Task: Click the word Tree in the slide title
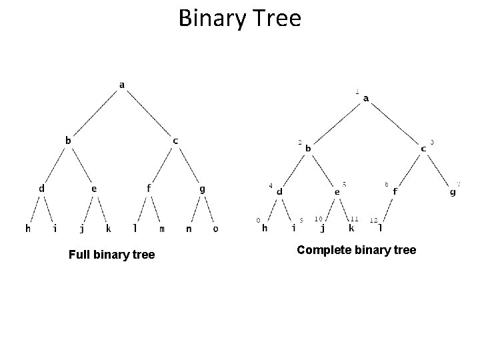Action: coord(277,18)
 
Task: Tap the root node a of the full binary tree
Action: coord(122,85)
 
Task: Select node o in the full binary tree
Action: coord(215,229)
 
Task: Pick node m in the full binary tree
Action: coord(162,229)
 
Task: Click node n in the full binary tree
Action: coord(189,229)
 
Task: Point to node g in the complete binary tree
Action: coord(453,192)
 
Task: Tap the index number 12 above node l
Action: coord(373,219)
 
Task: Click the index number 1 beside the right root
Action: coord(357,91)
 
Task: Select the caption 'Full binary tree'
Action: coord(111,255)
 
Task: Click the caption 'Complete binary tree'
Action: coord(356,250)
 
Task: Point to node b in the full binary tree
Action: coord(67,140)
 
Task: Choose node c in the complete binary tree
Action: coord(424,149)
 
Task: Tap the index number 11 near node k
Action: coord(354,219)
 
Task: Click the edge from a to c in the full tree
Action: coord(149,113)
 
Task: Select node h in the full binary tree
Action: coord(28,229)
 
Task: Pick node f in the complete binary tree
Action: coord(395,191)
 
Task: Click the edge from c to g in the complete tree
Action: coord(439,170)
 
